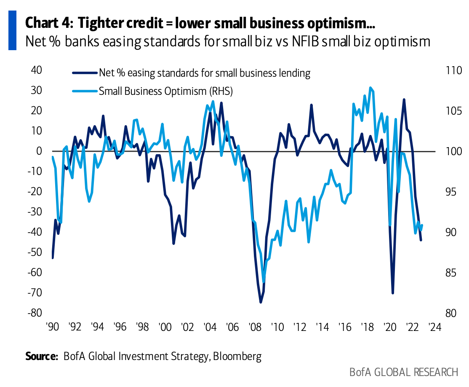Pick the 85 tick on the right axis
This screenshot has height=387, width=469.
coord(451,273)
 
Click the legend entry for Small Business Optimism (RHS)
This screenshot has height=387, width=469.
coord(165,91)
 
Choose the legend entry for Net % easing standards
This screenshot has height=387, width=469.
coord(204,73)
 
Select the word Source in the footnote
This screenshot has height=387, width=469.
coord(41,356)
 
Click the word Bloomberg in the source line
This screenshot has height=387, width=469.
coord(237,356)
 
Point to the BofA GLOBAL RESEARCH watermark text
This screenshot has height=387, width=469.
coord(403,372)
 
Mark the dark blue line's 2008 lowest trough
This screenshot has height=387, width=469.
coord(261,302)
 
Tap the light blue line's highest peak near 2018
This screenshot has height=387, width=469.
coord(370,88)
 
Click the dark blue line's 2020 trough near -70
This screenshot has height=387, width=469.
coord(393,293)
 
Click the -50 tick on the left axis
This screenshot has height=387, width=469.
coord(36,252)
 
